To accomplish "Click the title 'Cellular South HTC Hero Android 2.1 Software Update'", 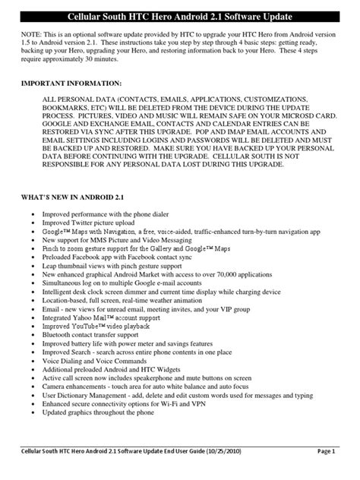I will point(180,17).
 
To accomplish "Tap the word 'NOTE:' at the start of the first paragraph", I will point(33,36).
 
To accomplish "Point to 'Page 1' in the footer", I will point(343,472).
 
